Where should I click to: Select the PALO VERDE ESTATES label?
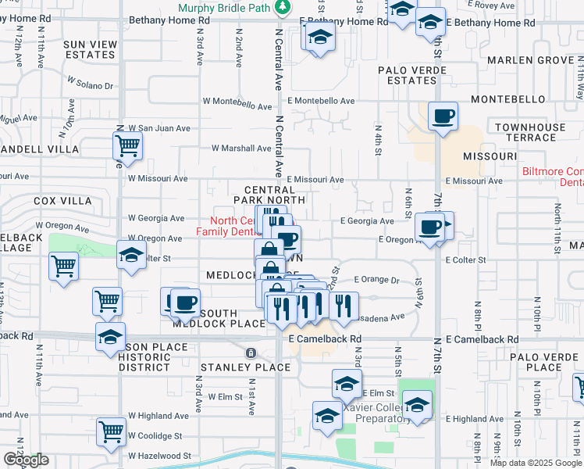412,75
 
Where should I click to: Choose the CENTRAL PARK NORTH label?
269,195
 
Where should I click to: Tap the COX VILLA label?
63,201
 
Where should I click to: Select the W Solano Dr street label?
91,82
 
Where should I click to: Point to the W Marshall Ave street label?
241,148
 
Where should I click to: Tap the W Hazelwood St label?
160,455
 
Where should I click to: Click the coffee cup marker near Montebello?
443,117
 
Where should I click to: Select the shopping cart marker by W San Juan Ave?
127,145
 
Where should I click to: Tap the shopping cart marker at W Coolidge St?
112,431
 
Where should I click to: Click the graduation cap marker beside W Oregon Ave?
132,255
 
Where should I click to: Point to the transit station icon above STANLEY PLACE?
251,353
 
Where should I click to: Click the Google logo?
26,460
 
